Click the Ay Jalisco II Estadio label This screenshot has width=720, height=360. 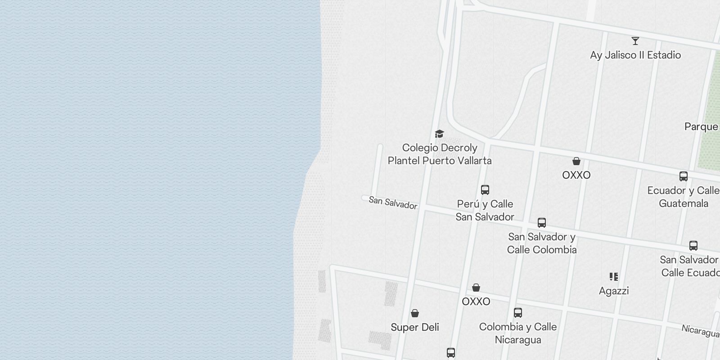click(x=635, y=55)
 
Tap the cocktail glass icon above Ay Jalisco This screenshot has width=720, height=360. click(x=635, y=41)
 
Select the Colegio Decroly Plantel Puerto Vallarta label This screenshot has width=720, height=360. click(x=440, y=154)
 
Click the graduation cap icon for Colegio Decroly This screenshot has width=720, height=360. click(x=439, y=134)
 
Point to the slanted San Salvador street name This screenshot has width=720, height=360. click(x=393, y=203)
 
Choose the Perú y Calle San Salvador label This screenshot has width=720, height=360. click(x=485, y=211)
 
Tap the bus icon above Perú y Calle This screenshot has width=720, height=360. click(x=485, y=190)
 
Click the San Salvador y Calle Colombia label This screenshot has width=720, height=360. click(x=542, y=243)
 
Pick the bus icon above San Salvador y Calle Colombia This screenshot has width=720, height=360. click(x=542, y=223)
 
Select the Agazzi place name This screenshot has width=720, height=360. click(x=614, y=291)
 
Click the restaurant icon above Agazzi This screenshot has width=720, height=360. click(x=614, y=277)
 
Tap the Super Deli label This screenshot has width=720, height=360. click(x=415, y=328)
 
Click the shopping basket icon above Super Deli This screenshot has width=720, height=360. click(x=415, y=313)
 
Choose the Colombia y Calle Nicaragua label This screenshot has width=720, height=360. click(x=518, y=333)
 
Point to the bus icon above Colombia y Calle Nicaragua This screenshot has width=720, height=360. click(x=518, y=313)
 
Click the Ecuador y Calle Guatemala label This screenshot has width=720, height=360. click(x=683, y=197)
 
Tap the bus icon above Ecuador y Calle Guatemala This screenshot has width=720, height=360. click(x=683, y=176)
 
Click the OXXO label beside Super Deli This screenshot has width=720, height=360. click(x=476, y=302)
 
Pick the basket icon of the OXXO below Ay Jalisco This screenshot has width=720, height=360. click(x=576, y=161)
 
